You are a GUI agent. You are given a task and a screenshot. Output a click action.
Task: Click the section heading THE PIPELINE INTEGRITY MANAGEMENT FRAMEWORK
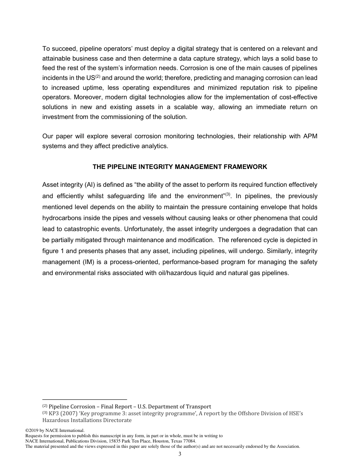[x=180, y=167]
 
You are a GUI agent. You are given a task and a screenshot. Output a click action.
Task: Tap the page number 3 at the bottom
[x=180, y=454]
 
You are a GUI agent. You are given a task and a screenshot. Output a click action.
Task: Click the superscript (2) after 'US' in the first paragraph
[x=98, y=76]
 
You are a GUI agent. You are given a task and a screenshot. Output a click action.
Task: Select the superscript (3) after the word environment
[x=228, y=194]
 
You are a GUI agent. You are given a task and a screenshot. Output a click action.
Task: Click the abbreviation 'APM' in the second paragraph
[x=310, y=136]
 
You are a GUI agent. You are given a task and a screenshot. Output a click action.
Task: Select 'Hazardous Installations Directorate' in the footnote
[x=87, y=420]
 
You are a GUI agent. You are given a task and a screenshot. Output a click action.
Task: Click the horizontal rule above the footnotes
[x=85, y=399]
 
